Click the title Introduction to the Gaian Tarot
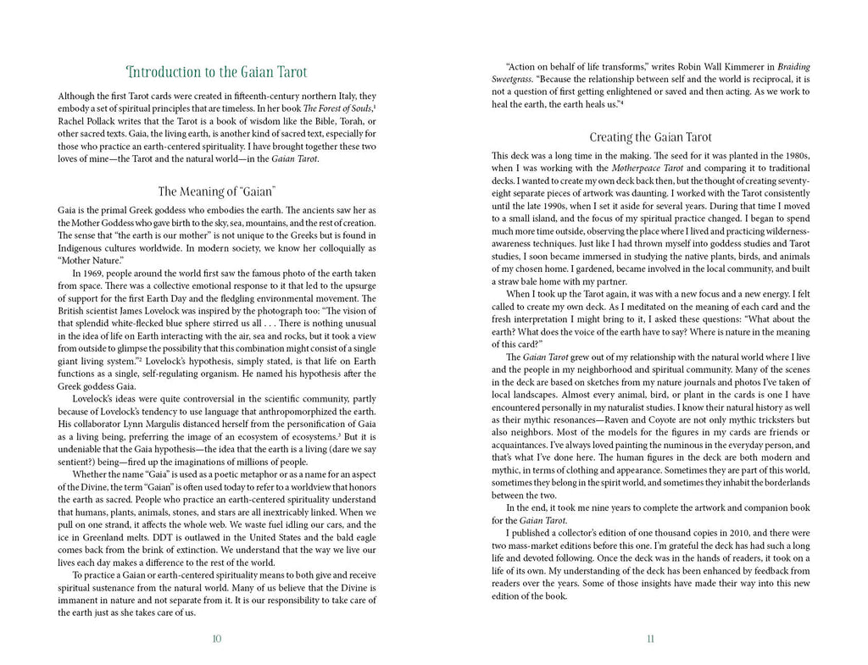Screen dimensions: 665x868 coord(216,72)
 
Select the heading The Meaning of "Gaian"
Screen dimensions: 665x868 coord(216,191)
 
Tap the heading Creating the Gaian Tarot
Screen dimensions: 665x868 coord(650,137)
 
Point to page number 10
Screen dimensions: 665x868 coord(216,639)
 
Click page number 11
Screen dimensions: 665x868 coord(650,639)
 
